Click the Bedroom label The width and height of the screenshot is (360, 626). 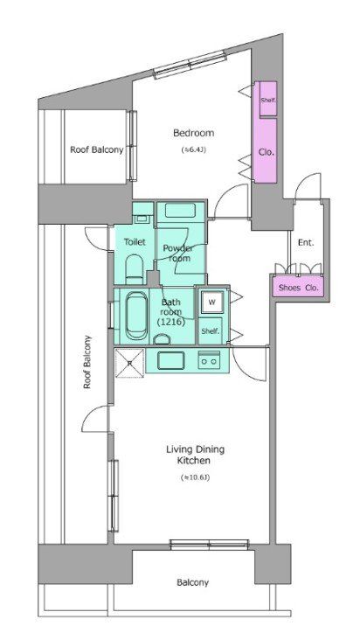point(194,133)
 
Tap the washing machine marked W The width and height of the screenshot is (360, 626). point(212,303)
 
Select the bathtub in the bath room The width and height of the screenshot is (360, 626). point(137,316)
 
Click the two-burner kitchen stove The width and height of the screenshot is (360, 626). point(209,359)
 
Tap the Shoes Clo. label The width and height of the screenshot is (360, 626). point(299,288)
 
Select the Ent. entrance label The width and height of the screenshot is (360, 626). point(306,242)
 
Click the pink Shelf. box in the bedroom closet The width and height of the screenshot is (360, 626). point(268,100)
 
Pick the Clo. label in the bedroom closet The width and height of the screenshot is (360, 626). point(267,152)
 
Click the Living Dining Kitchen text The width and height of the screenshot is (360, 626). point(195,456)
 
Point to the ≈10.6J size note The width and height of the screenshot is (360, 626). point(195,477)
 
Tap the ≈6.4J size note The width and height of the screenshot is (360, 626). point(194,150)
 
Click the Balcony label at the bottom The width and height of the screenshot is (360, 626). point(193,582)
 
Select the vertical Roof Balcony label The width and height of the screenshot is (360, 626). point(87,362)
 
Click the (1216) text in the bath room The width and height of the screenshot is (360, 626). point(170,322)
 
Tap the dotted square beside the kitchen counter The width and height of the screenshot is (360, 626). point(129,363)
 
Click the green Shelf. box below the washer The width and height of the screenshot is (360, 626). point(211,330)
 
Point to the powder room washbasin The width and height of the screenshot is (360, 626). point(180,210)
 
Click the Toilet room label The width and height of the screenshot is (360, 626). point(135,242)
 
